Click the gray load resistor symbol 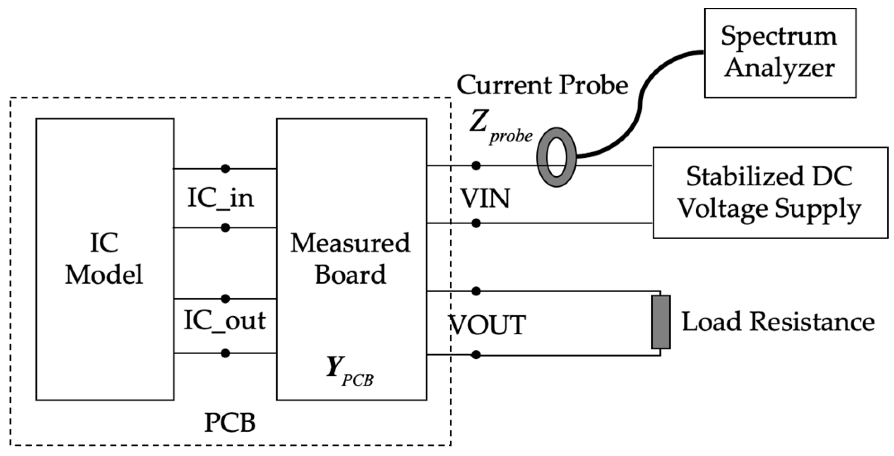tap(661, 322)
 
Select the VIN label tap(485, 198)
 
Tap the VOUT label tap(488, 325)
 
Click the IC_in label tap(221, 198)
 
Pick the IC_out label tap(224, 321)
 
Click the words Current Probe tap(542, 85)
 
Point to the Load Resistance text tap(778, 322)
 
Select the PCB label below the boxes tap(230, 423)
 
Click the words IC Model tap(104, 258)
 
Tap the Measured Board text tap(350, 258)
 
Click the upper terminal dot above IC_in tap(225, 168)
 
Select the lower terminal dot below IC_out tap(225, 353)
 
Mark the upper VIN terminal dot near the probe tap(476, 166)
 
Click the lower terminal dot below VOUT tap(476, 355)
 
